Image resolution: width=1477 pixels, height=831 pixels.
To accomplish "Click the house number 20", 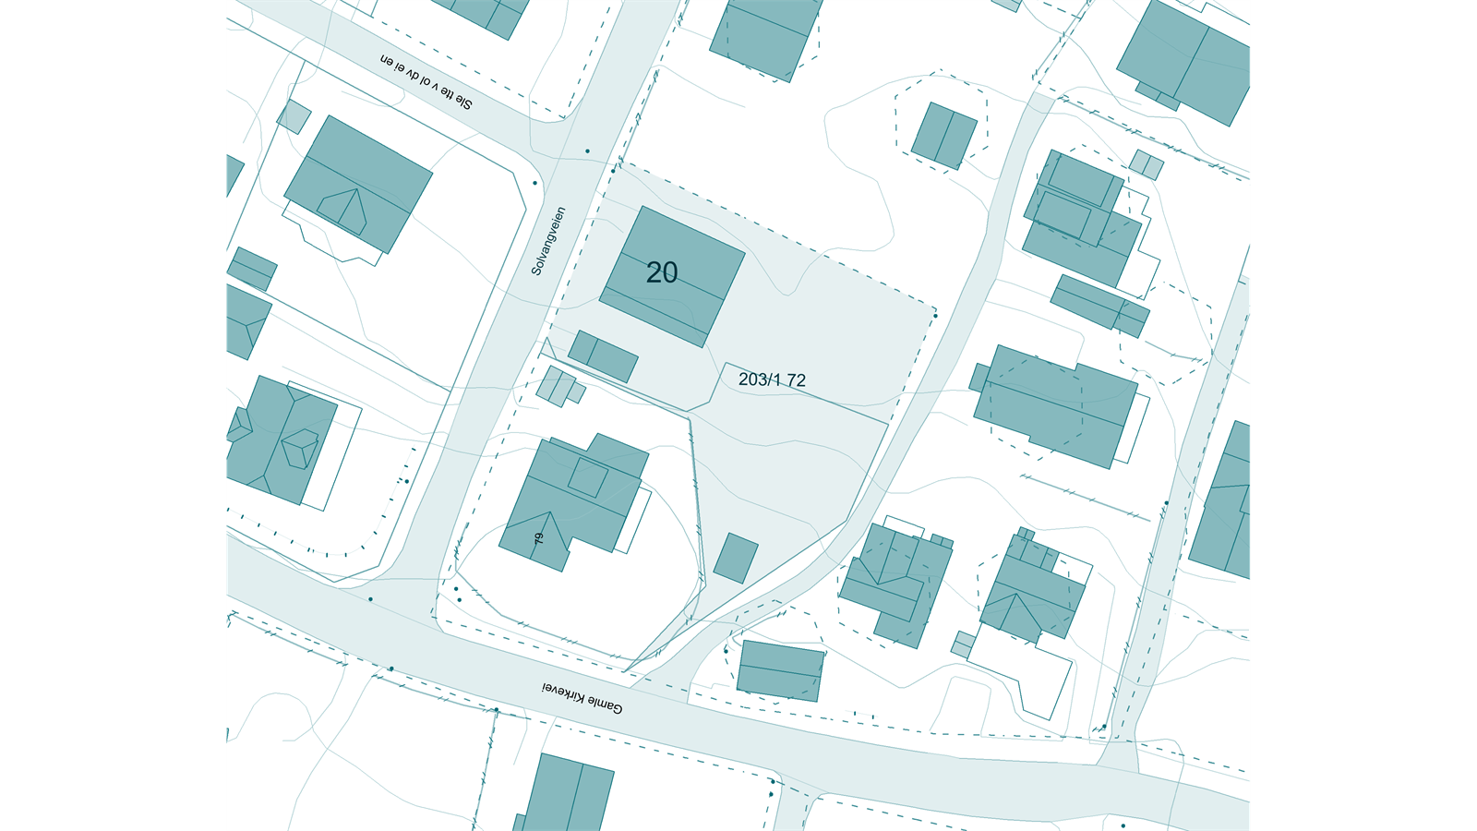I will point(661,272).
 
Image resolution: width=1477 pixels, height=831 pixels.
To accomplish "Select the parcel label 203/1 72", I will point(772,379).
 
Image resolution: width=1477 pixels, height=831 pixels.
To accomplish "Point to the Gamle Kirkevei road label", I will point(582,698).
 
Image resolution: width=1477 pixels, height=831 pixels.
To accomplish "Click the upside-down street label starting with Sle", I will point(426,82).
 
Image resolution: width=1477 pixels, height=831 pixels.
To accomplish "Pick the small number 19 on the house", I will point(538,537).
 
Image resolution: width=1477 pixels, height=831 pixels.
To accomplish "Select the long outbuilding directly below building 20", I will point(603,355).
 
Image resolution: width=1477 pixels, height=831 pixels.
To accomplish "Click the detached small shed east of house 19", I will point(735,558).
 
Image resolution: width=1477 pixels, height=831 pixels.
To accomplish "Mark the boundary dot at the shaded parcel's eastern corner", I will point(935,316).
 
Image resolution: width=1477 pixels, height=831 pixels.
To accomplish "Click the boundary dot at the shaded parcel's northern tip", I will point(612,170).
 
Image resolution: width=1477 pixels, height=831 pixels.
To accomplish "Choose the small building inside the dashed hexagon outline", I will point(943,136).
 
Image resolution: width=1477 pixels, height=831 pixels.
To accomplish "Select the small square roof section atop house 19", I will point(587,477).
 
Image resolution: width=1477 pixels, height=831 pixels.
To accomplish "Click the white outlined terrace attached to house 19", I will point(637,522).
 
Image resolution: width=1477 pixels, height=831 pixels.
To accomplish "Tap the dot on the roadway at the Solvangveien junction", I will point(587,151).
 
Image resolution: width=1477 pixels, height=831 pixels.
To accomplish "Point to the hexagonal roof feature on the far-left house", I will point(300,450).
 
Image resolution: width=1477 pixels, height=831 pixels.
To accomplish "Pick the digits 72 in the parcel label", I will point(796,379).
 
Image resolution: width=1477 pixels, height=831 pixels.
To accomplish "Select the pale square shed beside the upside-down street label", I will point(294,116).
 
